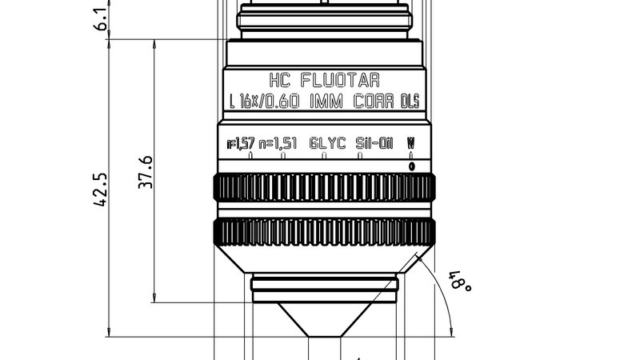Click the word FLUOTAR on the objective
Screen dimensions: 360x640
point(339,81)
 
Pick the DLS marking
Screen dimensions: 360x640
point(410,102)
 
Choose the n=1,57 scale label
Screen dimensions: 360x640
point(241,144)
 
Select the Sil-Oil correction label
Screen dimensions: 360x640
point(374,144)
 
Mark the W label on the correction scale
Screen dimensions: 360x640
point(411,142)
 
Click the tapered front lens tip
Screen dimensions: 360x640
point(324,319)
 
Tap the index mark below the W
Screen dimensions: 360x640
point(411,166)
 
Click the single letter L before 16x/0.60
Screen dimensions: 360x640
point(231,102)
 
